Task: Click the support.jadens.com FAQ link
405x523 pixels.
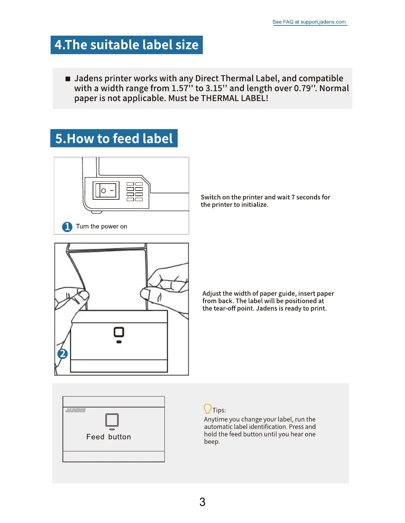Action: pos(309,22)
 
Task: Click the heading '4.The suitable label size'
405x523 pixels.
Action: pos(126,45)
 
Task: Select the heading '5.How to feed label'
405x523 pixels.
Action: pos(114,138)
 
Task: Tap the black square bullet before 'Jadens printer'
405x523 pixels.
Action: pos(68,79)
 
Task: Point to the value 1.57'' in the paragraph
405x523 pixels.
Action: pos(183,88)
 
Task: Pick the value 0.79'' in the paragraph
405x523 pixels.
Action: pos(305,88)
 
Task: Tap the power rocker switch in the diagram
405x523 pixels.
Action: pos(106,191)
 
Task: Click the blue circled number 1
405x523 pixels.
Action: pos(67,227)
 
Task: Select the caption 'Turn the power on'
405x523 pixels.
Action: pos(101,227)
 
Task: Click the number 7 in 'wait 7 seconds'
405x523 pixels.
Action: pos(293,197)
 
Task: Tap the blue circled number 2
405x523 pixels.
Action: pos(63,354)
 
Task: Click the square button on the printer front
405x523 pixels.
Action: pos(119,332)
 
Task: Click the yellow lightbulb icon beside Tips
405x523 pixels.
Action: pos(207,409)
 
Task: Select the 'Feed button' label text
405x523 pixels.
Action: pos(109,437)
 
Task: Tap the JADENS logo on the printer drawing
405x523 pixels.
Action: pos(75,410)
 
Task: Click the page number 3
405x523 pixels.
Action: pos(202,502)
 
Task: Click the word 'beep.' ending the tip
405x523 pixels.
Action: pos(212,442)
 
